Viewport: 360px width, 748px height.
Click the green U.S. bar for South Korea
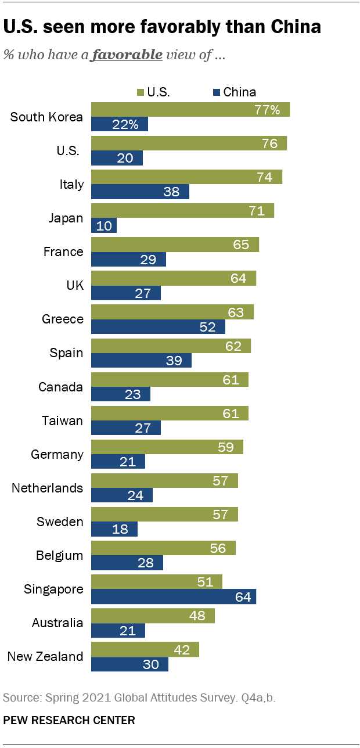click(190, 110)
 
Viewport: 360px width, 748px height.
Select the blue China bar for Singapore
click(174, 596)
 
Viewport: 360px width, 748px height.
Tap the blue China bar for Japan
click(104, 225)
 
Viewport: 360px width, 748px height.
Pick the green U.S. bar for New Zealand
click(145, 649)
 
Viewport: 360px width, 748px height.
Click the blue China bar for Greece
click(158, 326)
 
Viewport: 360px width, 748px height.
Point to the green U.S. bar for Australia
click(153, 615)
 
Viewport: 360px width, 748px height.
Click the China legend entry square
click(217, 92)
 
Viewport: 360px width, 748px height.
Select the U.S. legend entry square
click(140, 92)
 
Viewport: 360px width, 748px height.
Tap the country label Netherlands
click(48, 488)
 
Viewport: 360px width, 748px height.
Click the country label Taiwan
click(63, 420)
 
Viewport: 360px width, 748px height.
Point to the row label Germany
click(57, 454)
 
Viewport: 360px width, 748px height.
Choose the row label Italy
click(72, 185)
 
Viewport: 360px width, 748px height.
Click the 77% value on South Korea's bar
click(267, 110)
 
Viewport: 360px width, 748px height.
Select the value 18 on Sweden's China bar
click(121, 529)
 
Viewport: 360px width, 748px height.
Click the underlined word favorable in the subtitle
click(128, 55)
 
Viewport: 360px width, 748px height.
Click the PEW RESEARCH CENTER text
click(69, 720)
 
